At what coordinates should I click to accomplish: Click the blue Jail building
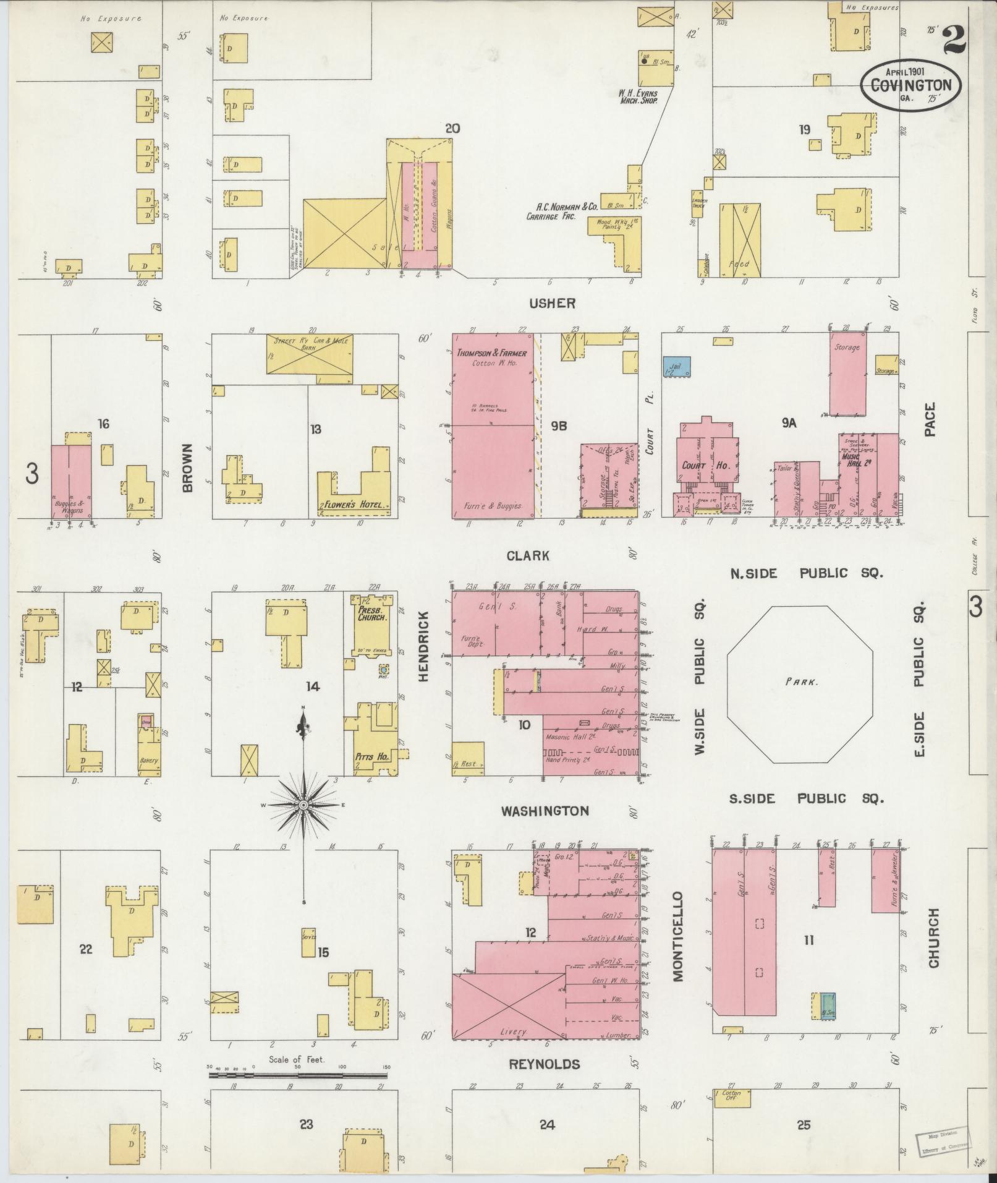pyautogui.click(x=676, y=366)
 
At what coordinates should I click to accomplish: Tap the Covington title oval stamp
pyautogui.click(x=911, y=85)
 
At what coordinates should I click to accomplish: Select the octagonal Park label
pyautogui.click(x=802, y=683)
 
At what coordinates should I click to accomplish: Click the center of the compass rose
pyautogui.click(x=303, y=805)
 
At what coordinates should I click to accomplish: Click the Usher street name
pyautogui.click(x=552, y=303)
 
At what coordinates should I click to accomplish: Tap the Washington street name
pyautogui.click(x=545, y=811)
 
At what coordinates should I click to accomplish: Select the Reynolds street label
pyautogui.click(x=545, y=1064)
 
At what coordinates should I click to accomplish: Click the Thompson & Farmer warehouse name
pyautogui.click(x=492, y=353)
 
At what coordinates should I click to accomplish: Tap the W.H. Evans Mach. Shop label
pyautogui.click(x=639, y=96)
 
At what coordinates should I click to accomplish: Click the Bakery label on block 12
pyautogui.click(x=148, y=761)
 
